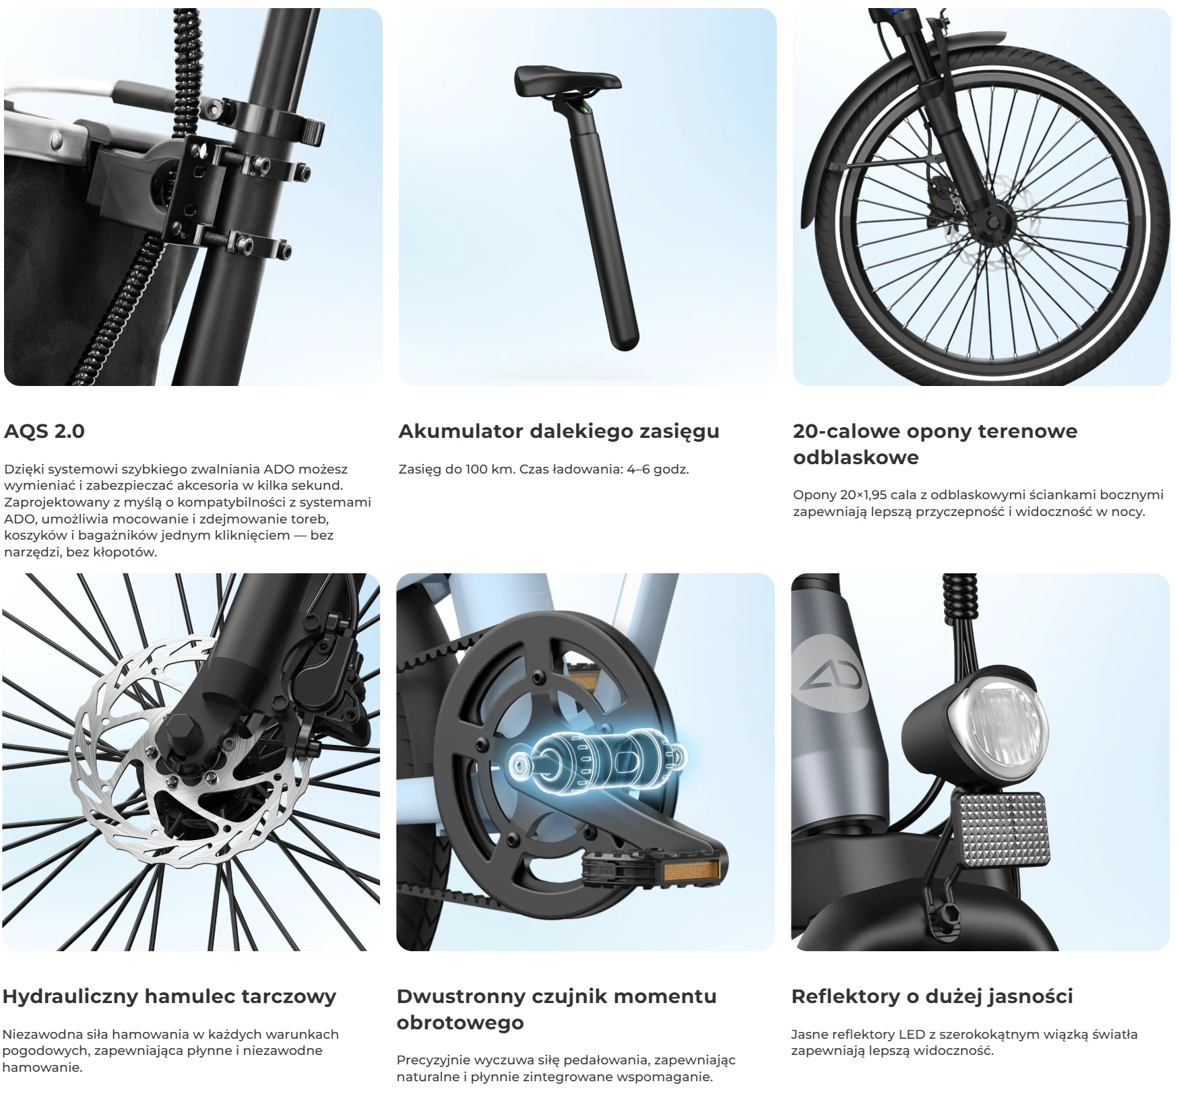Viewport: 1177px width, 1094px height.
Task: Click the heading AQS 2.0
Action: pos(44,431)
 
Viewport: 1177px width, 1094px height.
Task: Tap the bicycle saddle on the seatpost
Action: pos(567,82)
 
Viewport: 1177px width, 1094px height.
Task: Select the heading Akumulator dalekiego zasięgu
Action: pos(559,432)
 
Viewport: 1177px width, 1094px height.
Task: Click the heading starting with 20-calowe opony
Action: pos(935,444)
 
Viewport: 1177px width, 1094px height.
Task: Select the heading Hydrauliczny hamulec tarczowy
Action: pos(169,996)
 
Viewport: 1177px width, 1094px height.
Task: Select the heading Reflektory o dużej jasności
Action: pos(932,996)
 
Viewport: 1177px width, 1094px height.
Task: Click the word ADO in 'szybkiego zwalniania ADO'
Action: pos(278,469)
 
